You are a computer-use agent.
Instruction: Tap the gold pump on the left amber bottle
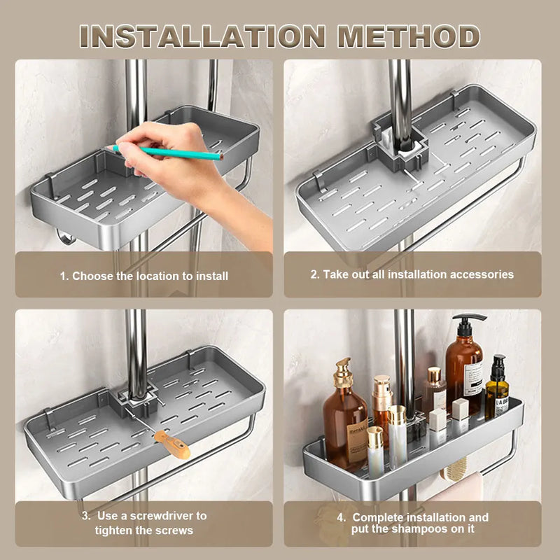pyautogui.click(x=342, y=372)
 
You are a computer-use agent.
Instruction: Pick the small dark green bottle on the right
pyautogui.click(x=497, y=388)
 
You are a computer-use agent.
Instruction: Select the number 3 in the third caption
pyautogui.click(x=85, y=516)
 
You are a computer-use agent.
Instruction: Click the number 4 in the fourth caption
pyautogui.click(x=341, y=518)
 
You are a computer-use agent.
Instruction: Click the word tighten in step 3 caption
pyautogui.click(x=116, y=531)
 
